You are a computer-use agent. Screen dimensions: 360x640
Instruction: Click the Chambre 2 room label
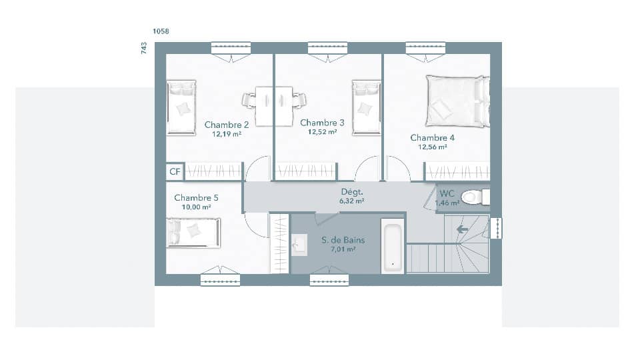pyautogui.click(x=227, y=125)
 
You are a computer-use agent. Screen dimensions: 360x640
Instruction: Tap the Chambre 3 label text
pyautogui.click(x=322, y=123)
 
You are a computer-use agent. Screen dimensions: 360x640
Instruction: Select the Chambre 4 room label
pyautogui.click(x=432, y=138)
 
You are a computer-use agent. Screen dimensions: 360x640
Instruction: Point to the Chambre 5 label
pyautogui.click(x=196, y=198)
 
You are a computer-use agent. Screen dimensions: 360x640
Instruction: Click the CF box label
pyautogui.click(x=175, y=172)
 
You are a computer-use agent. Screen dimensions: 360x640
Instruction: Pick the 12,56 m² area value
pyautogui.click(x=432, y=147)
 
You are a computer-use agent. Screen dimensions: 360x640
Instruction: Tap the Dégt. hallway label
pyautogui.click(x=351, y=191)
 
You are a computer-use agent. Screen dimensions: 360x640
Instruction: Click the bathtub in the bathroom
pyautogui.click(x=392, y=245)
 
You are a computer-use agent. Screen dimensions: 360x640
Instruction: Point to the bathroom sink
pyautogui.click(x=299, y=245)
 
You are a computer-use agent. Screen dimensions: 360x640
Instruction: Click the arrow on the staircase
pyautogui.click(x=461, y=229)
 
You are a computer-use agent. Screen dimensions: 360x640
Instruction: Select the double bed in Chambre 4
pyautogui.click(x=457, y=101)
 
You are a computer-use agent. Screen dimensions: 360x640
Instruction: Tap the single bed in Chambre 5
pyautogui.click(x=193, y=233)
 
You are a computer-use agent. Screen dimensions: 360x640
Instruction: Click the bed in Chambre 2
pyautogui.click(x=181, y=107)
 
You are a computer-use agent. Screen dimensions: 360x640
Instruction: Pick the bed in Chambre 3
pyautogui.click(x=366, y=107)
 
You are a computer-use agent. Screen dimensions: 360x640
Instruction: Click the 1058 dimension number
pyautogui.click(x=161, y=31)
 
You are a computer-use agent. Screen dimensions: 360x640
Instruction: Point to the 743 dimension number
pyautogui.click(x=144, y=48)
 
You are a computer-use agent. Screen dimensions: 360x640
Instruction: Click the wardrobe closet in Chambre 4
pyautogui.click(x=457, y=172)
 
